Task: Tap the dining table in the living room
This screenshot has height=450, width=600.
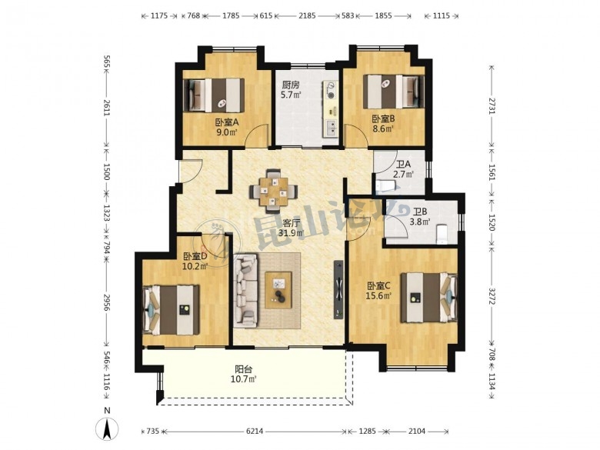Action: point(273,191)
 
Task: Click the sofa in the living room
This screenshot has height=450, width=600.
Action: point(245,291)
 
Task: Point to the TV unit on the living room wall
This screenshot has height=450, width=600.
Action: point(338,289)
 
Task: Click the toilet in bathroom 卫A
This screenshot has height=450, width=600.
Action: point(387,185)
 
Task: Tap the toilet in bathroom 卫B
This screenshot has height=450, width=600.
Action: point(442,233)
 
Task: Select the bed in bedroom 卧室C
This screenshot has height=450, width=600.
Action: point(428,298)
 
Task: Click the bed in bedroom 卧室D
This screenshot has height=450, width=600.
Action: point(172,310)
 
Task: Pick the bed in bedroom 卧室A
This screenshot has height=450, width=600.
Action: point(214,95)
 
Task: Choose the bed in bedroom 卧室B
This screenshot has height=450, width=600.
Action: point(394,91)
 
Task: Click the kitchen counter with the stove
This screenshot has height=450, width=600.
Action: point(331,108)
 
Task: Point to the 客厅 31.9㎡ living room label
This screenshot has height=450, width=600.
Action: point(292,228)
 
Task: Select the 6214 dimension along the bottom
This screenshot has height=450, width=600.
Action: point(255,432)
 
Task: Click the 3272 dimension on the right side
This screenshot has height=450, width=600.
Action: point(492,296)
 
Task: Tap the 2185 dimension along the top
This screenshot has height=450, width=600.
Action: point(307,15)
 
